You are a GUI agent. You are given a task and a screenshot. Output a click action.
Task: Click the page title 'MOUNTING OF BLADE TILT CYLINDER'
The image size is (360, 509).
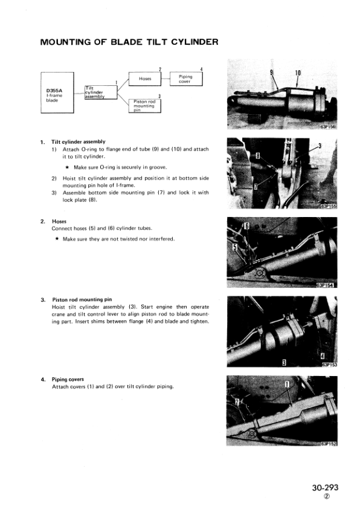click(129, 42)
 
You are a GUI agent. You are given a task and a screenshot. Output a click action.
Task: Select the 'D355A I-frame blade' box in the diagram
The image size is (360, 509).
click(57, 92)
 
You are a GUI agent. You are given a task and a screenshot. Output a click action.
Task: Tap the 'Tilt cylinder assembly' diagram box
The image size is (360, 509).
click(100, 92)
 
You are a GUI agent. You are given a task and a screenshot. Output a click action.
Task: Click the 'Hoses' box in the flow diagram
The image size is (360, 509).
click(144, 79)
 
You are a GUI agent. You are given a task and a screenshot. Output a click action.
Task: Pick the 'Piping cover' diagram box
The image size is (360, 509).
click(186, 79)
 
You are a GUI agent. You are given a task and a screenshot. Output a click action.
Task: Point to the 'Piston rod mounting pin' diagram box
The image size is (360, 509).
click(144, 106)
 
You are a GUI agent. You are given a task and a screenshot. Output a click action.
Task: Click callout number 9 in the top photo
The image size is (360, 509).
click(271, 73)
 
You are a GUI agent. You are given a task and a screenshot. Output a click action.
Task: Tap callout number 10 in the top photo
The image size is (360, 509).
click(298, 73)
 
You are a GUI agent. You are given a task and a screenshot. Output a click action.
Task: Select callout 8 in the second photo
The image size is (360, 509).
click(258, 155)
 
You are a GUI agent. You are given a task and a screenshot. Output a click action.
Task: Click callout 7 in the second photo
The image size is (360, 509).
click(256, 186)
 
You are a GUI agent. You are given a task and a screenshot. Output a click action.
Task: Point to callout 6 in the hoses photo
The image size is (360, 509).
click(246, 225)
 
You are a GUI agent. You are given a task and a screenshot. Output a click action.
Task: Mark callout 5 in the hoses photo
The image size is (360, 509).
click(235, 247)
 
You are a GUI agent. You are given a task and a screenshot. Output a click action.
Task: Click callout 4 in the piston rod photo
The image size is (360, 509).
click(323, 356)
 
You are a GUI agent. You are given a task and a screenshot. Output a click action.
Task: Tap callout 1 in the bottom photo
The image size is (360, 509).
click(287, 384)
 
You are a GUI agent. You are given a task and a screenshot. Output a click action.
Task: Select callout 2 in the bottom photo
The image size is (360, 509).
click(237, 402)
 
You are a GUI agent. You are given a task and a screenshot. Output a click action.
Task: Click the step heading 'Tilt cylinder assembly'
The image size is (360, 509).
click(78, 142)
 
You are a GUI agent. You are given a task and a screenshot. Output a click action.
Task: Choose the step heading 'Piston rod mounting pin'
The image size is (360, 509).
click(82, 300)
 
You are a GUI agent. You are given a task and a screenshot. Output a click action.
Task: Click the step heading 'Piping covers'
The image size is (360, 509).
click(68, 379)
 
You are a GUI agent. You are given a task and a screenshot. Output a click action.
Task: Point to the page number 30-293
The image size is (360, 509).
click(326, 488)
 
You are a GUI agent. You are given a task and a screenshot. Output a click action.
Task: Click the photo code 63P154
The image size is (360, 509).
click(325, 285)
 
